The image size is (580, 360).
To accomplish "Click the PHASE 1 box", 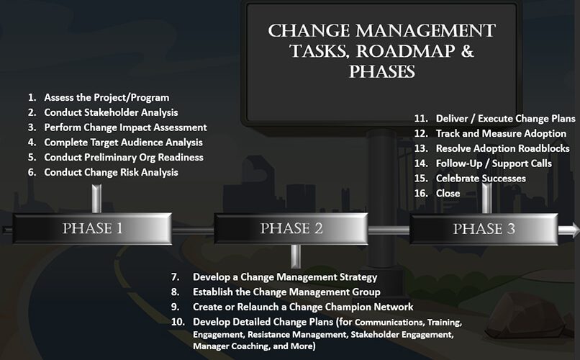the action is tap(93, 228).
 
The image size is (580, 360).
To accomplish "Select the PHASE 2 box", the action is tap(291, 228).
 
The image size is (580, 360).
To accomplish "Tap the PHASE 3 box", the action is tap(484, 229).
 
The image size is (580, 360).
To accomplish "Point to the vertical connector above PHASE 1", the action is tap(96, 199).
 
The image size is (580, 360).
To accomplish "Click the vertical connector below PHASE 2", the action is tap(296, 256).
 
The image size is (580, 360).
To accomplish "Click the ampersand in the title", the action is tap(467, 50).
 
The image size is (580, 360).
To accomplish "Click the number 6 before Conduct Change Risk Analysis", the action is tap(32, 172).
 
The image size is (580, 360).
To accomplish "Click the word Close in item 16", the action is tap(448, 193).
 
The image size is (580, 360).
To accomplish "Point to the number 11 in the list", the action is tap(421, 119).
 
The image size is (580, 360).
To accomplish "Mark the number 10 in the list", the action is tap(178, 322).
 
